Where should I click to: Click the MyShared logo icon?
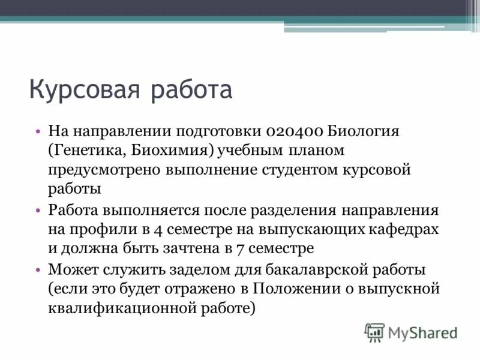[374, 332]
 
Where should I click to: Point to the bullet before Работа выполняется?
[37, 211]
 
